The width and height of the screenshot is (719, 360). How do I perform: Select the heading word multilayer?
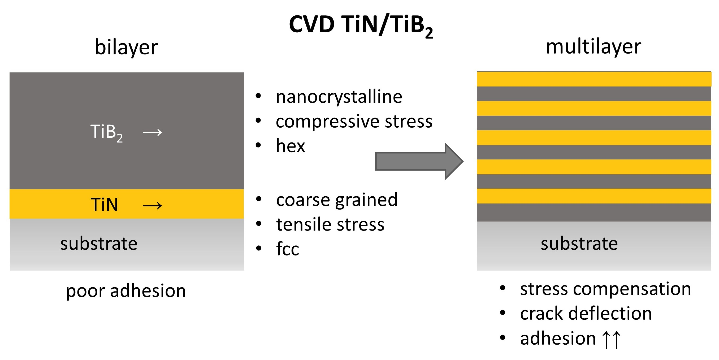tap(594, 47)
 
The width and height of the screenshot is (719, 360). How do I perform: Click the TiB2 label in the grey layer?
tap(106, 133)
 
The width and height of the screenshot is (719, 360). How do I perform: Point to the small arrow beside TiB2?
tap(152, 132)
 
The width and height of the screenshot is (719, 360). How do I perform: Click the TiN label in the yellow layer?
tap(104, 205)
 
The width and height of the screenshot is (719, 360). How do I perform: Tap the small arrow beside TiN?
tap(152, 206)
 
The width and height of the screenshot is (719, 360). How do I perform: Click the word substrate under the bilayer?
tap(99, 244)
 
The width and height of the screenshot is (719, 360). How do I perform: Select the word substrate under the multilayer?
tap(579, 244)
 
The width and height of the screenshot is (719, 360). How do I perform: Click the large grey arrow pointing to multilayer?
tap(419, 161)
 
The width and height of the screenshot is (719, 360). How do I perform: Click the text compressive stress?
tap(354, 122)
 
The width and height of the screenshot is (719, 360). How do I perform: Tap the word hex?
tap(290, 146)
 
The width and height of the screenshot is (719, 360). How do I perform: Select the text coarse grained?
tap(337, 200)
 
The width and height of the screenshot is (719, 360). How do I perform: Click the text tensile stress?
tap(330, 224)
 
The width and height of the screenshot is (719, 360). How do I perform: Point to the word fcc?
tap(288, 248)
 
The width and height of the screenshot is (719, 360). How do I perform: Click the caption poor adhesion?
tap(126, 291)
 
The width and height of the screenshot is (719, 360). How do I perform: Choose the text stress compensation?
tap(606, 289)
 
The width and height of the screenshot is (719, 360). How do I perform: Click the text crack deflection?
tap(586, 313)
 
